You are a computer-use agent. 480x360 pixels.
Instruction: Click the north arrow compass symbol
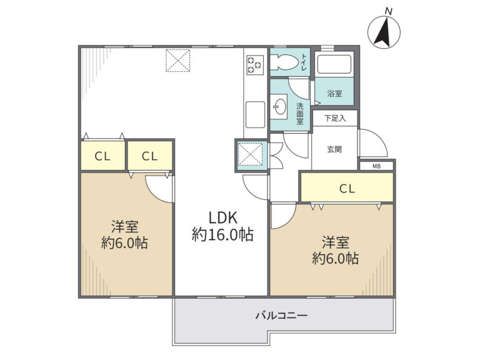pyautogui.click(x=384, y=32)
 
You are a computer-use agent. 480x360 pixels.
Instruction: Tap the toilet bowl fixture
pyautogui.click(x=284, y=62)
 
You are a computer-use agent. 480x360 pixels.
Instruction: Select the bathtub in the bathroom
pyautogui.click(x=334, y=64)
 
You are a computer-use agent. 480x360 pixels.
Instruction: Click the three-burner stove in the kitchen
pyautogui.click(x=255, y=65)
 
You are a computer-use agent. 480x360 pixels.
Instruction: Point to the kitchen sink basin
pyautogui.click(x=255, y=114)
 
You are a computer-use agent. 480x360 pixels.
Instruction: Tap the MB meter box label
pyautogui.click(x=376, y=166)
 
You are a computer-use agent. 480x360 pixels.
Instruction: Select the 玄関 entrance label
pyautogui.click(x=334, y=149)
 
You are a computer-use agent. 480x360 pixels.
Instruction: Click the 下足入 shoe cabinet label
pyautogui.click(x=335, y=118)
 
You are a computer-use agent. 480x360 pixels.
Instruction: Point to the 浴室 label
pyautogui.click(x=334, y=94)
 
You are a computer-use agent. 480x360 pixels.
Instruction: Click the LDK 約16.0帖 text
pyautogui.click(x=222, y=226)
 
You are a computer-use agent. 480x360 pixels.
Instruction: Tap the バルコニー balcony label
pyautogui.click(x=281, y=315)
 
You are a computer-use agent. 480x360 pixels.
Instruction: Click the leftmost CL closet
pyautogui.click(x=102, y=156)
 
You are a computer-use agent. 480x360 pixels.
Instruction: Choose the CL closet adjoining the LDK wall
pyautogui.click(x=150, y=156)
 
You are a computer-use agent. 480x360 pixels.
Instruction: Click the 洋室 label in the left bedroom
pyautogui.click(x=124, y=227)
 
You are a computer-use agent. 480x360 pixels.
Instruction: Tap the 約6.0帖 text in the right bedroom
pyautogui.click(x=336, y=258)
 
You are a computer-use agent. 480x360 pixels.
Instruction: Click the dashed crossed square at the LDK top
pyautogui.click(x=178, y=60)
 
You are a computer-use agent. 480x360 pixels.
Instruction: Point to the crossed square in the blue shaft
pyautogui.click(x=250, y=154)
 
